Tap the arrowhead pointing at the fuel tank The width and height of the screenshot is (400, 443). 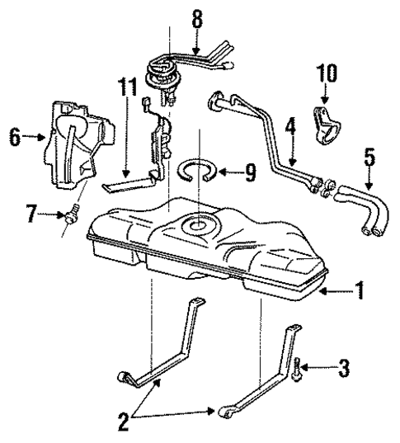click(x=325, y=290)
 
